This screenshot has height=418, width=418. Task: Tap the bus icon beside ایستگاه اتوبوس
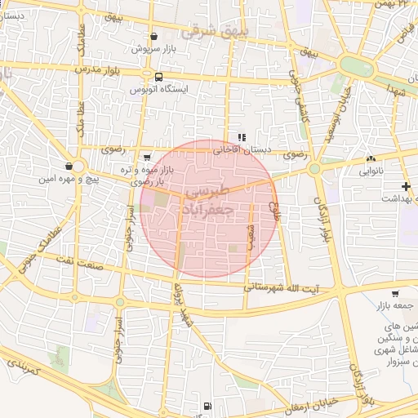147,77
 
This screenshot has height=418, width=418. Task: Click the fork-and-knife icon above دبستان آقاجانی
240,137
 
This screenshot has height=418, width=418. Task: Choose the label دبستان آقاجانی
241,150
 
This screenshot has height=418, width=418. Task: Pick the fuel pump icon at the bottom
207,405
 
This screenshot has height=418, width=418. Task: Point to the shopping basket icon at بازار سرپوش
153,37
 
